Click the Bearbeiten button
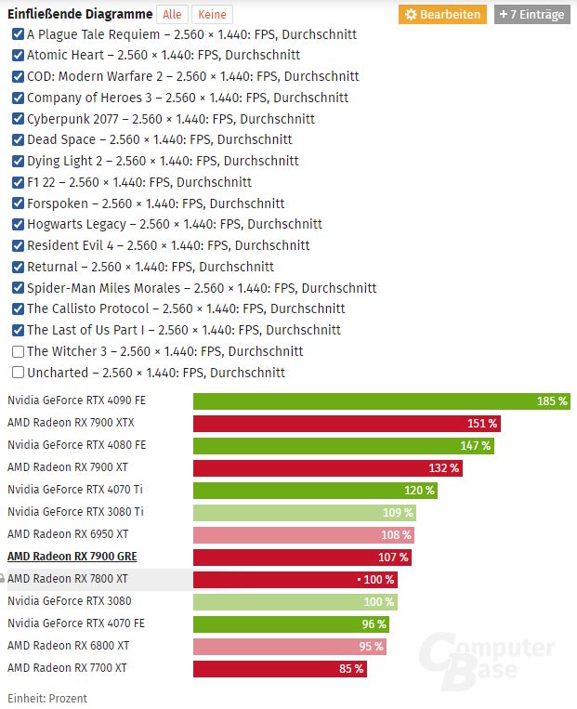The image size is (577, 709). click(442, 14)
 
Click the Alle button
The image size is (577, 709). click(172, 14)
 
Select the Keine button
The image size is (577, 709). click(212, 14)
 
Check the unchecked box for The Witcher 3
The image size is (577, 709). click(18, 351)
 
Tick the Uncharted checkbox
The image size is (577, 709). click(18, 373)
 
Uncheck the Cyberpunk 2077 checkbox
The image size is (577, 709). click(18, 119)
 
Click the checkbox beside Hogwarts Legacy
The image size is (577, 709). click(18, 224)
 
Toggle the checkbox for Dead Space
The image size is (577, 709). click(18, 139)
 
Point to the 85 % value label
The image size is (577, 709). click(351, 668)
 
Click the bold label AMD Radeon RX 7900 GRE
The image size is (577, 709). click(72, 557)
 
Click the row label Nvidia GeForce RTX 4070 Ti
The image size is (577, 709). click(75, 490)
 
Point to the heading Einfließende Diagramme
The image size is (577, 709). click(79, 14)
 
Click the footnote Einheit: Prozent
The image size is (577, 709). click(47, 698)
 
